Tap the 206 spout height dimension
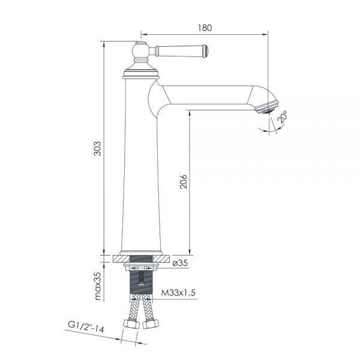(183, 182)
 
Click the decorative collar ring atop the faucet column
(140, 74)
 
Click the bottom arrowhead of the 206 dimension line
(190, 252)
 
